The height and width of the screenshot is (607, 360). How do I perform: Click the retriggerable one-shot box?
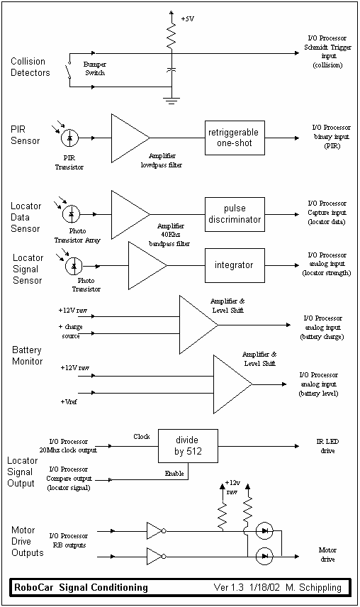(235, 138)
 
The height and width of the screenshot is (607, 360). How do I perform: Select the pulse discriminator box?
(235, 214)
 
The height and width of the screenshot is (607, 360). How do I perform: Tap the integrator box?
(235, 265)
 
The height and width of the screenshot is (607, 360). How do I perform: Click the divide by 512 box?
(188, 446)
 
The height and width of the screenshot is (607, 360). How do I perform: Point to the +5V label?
(188, 18)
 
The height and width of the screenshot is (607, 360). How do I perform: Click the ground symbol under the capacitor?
(171, 101)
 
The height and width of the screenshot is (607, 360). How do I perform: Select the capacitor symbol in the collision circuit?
(171, 70)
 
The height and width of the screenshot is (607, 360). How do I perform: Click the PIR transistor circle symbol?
(70, 138)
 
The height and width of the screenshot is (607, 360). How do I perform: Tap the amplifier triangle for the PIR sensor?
(130, 138)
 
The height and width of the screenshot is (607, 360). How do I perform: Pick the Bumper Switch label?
(95, 69)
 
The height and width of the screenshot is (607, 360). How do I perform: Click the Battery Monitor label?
(27, 355)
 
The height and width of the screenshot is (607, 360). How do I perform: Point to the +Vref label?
(69, 402)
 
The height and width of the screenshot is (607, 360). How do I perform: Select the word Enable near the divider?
(174, 473)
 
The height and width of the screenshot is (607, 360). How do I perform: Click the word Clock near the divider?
(142, 437)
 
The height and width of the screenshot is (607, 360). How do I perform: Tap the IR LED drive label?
(327, 446)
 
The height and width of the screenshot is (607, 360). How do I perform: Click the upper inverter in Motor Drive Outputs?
(156, 531)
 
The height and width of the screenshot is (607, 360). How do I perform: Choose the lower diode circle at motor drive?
(264, 556)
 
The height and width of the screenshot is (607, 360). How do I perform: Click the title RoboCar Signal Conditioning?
(81, 588)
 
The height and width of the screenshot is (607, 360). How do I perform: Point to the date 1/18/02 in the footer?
(264, 588)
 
